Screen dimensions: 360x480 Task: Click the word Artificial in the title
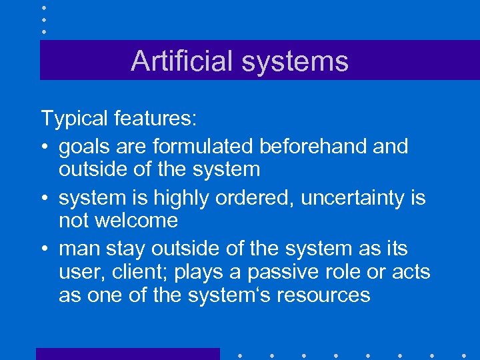(x=181, y=61)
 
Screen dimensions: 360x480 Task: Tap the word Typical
(x=75, y=119)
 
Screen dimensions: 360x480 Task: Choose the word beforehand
(x=314, y=146)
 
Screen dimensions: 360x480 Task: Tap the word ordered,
(x=261, y=197)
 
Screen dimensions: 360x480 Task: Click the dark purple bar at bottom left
(x=127, y=354)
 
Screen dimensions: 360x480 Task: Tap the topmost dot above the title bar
(x=43, y=7)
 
